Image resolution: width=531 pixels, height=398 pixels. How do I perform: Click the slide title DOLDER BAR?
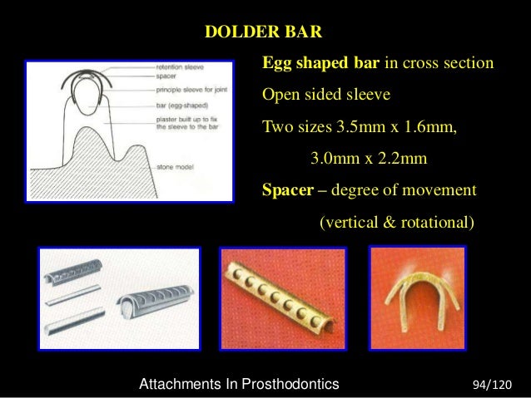pos(263,33)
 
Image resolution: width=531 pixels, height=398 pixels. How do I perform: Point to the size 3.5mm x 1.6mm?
pos(397,127)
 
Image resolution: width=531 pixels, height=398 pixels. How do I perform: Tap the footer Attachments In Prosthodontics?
pos(240,384)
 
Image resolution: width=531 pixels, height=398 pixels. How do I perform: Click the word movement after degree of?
pos(437,189)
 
